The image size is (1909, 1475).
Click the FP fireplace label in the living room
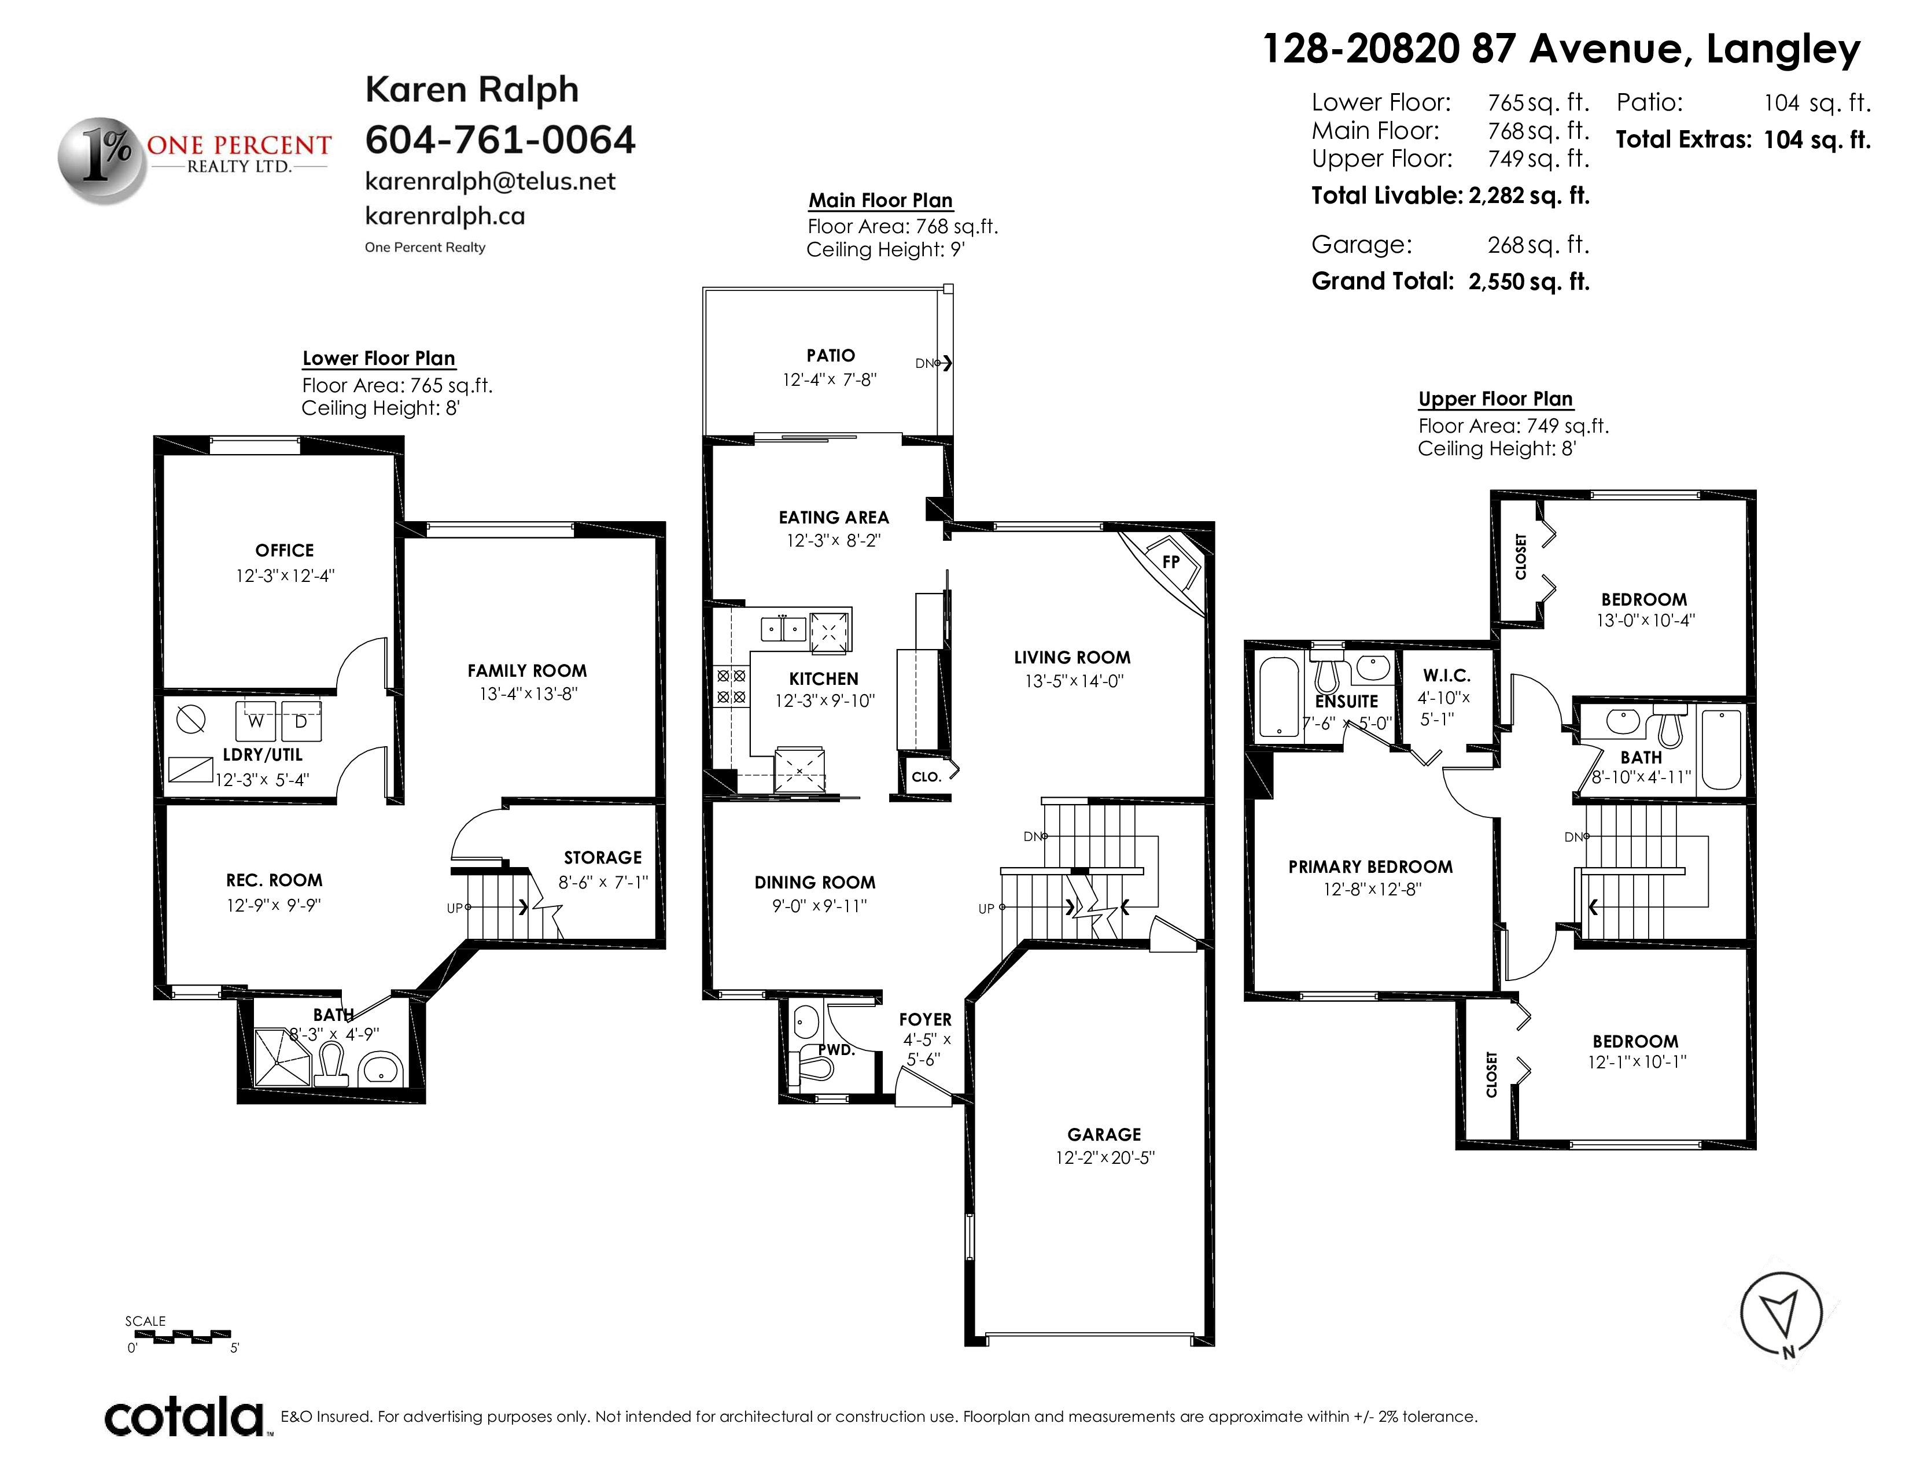[x=1170, y=562]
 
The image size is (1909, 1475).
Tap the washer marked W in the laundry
[x=255, y=721]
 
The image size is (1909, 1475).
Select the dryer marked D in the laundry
[x=301, y=721]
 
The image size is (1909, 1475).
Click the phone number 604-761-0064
[x=500, y=140]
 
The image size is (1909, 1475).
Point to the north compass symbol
[x=1781, y=1314]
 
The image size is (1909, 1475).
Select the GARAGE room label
[x=1104, y=1134]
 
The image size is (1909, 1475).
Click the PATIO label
[x=830, y=356]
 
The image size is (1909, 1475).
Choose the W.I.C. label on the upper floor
[x=1447, y=676]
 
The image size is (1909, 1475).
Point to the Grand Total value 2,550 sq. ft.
[x=1529, y=281]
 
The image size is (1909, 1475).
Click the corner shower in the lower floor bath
[x=282, y=1057]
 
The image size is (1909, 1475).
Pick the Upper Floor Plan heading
[x=1495, y=399]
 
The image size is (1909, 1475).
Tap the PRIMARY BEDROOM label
[x=1370, y=867]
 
